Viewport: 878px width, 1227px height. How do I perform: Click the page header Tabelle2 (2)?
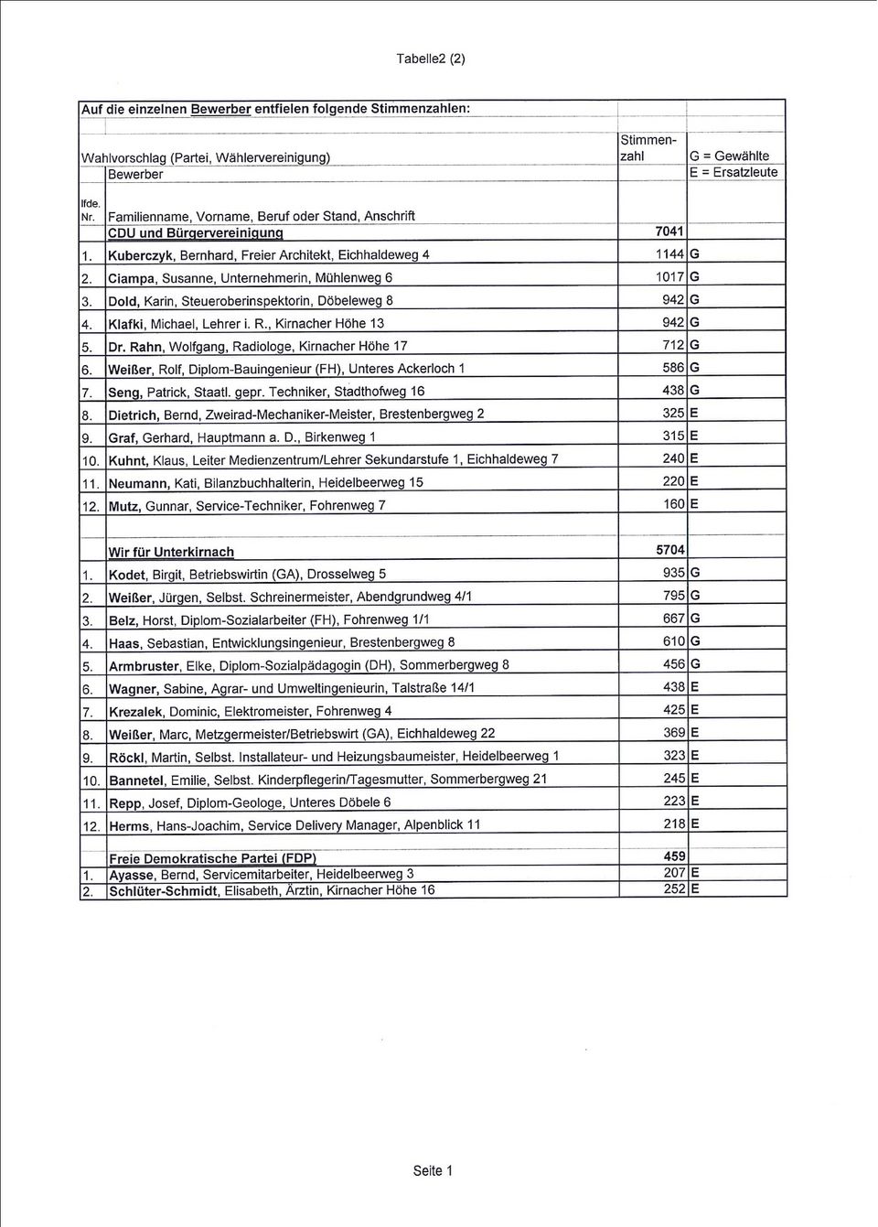(x=431, y=59)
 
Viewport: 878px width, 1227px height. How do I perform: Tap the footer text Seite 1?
(x=433, y=1170)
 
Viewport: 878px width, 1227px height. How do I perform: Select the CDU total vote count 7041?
(x=669, y=231)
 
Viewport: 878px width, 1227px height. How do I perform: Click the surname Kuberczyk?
(x=142, y=255)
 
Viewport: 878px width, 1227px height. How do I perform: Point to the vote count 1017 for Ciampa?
(x=669, y=276)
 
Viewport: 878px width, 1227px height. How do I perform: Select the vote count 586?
(x=673, y=367)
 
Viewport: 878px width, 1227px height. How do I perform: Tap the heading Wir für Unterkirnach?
(x=171, y=552)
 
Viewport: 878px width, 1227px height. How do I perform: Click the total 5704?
(x=669, y=550)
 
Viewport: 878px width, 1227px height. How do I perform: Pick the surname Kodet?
(x=127, y=575)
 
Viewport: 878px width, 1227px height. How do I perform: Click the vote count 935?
(x=673, y=573)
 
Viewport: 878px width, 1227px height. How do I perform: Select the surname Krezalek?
(x=137, y=712)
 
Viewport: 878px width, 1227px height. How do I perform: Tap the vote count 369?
(x=673, y=733)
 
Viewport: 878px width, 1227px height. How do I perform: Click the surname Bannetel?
(x=137, y=780)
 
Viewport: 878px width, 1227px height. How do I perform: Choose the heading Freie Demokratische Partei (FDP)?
(x=212, y=858)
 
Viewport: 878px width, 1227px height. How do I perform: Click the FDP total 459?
(x=674, y=856)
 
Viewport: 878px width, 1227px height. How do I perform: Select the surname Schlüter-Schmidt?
(x=164, y=890)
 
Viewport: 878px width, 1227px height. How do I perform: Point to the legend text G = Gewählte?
(x=730, y=156)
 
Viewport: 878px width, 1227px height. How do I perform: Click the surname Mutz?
(x=124, y=506)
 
